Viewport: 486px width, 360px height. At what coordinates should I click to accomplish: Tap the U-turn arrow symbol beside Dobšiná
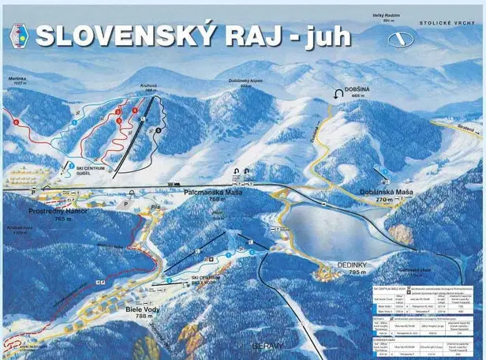(339, 92)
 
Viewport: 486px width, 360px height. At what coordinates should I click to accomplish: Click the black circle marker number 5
(159, 129)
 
